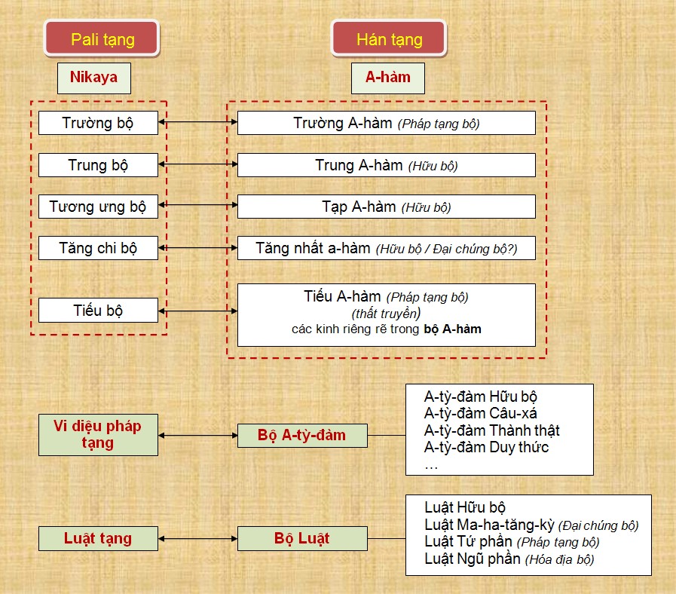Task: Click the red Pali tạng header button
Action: coord(102,38)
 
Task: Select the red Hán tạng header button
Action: coord(389,38)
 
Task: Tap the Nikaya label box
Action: coord(94,78)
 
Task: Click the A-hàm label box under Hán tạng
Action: coord(388,78)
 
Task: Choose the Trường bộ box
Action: coord(98,123)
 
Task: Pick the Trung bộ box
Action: coord(98,165)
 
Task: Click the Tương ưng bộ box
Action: coord(98,207)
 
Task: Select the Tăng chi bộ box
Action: coord(98,247)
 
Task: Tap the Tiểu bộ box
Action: coord(98,310)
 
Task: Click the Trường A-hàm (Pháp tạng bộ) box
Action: coord(387,123)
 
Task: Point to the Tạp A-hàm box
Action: coord(387,207)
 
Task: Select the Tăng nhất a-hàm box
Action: coord(387,247)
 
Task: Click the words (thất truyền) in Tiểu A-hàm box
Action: coord(386,313)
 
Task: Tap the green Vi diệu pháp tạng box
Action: coord(98,435)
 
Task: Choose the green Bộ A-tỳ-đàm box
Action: coord(302,435)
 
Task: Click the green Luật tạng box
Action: coord(98,538)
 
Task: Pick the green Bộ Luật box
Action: coord(302,538)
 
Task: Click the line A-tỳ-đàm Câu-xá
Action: coord(481,413)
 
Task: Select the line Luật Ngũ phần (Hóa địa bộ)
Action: coord(509,559)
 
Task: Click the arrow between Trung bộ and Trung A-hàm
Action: coord(198,164)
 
